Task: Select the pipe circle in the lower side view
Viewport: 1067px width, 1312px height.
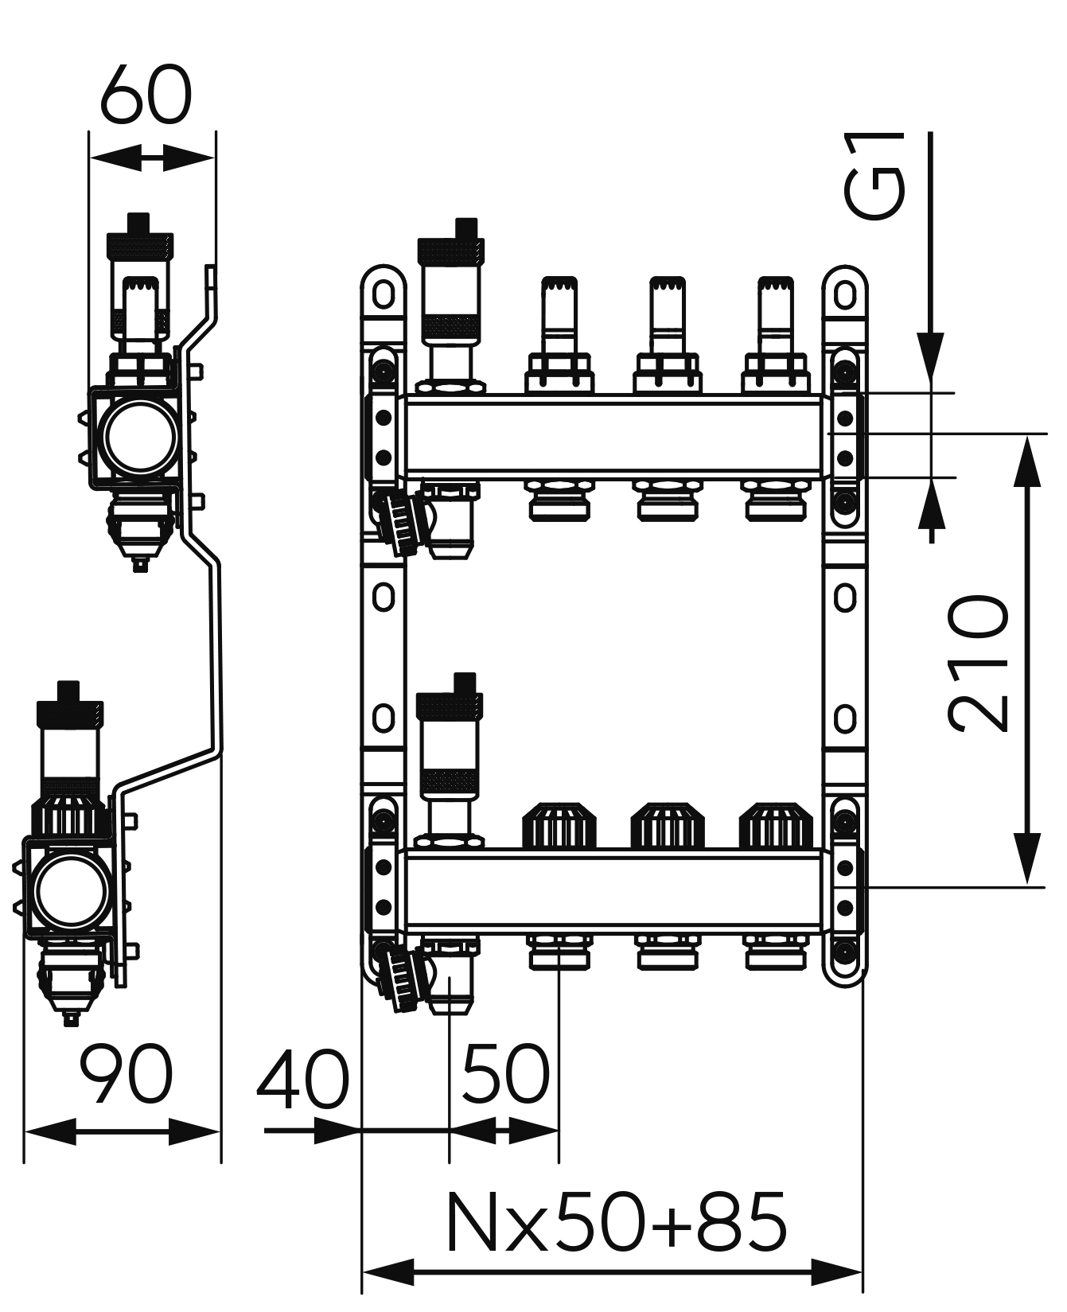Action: click(67, 892)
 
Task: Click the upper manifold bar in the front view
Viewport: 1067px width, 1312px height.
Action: click(613, 436)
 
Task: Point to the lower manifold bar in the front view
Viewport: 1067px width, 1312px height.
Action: click(613, 889)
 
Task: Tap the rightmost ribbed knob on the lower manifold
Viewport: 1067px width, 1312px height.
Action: click(776, 826)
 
